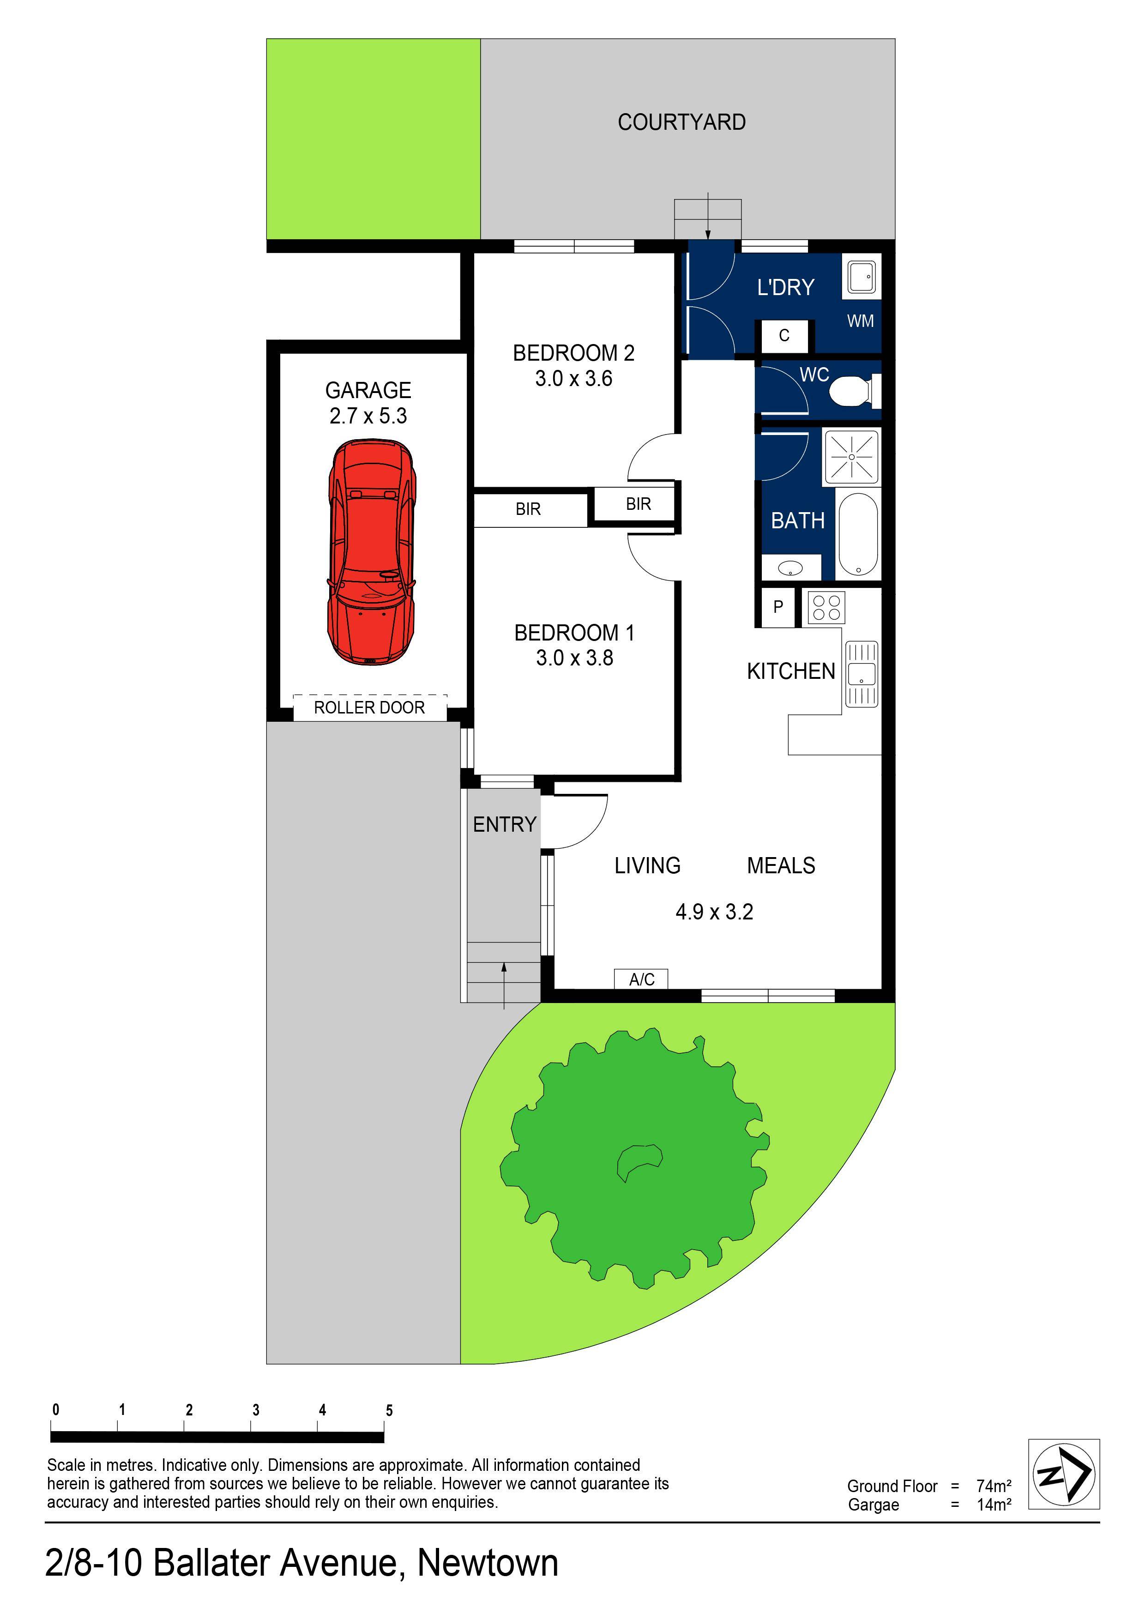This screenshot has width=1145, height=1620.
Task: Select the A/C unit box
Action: pos(641,979)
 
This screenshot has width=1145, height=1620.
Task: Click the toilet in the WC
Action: pos(851,392)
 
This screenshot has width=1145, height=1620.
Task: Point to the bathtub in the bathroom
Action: pos(858,534)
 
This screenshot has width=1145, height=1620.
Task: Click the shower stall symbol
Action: pos(851,457)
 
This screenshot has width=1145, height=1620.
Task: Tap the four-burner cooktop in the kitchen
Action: pos(826,608)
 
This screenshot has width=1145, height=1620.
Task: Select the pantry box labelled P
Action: pos(778,607)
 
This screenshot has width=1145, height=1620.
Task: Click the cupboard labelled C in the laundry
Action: pos(784,336)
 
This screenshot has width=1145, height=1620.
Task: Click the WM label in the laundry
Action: pos(860,322)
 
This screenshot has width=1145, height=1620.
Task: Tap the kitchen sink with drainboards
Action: pos(862,674)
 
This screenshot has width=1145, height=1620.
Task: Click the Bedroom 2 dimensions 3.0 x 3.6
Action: pos(573,379)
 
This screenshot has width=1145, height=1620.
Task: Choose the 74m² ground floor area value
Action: pos(993,1486)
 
